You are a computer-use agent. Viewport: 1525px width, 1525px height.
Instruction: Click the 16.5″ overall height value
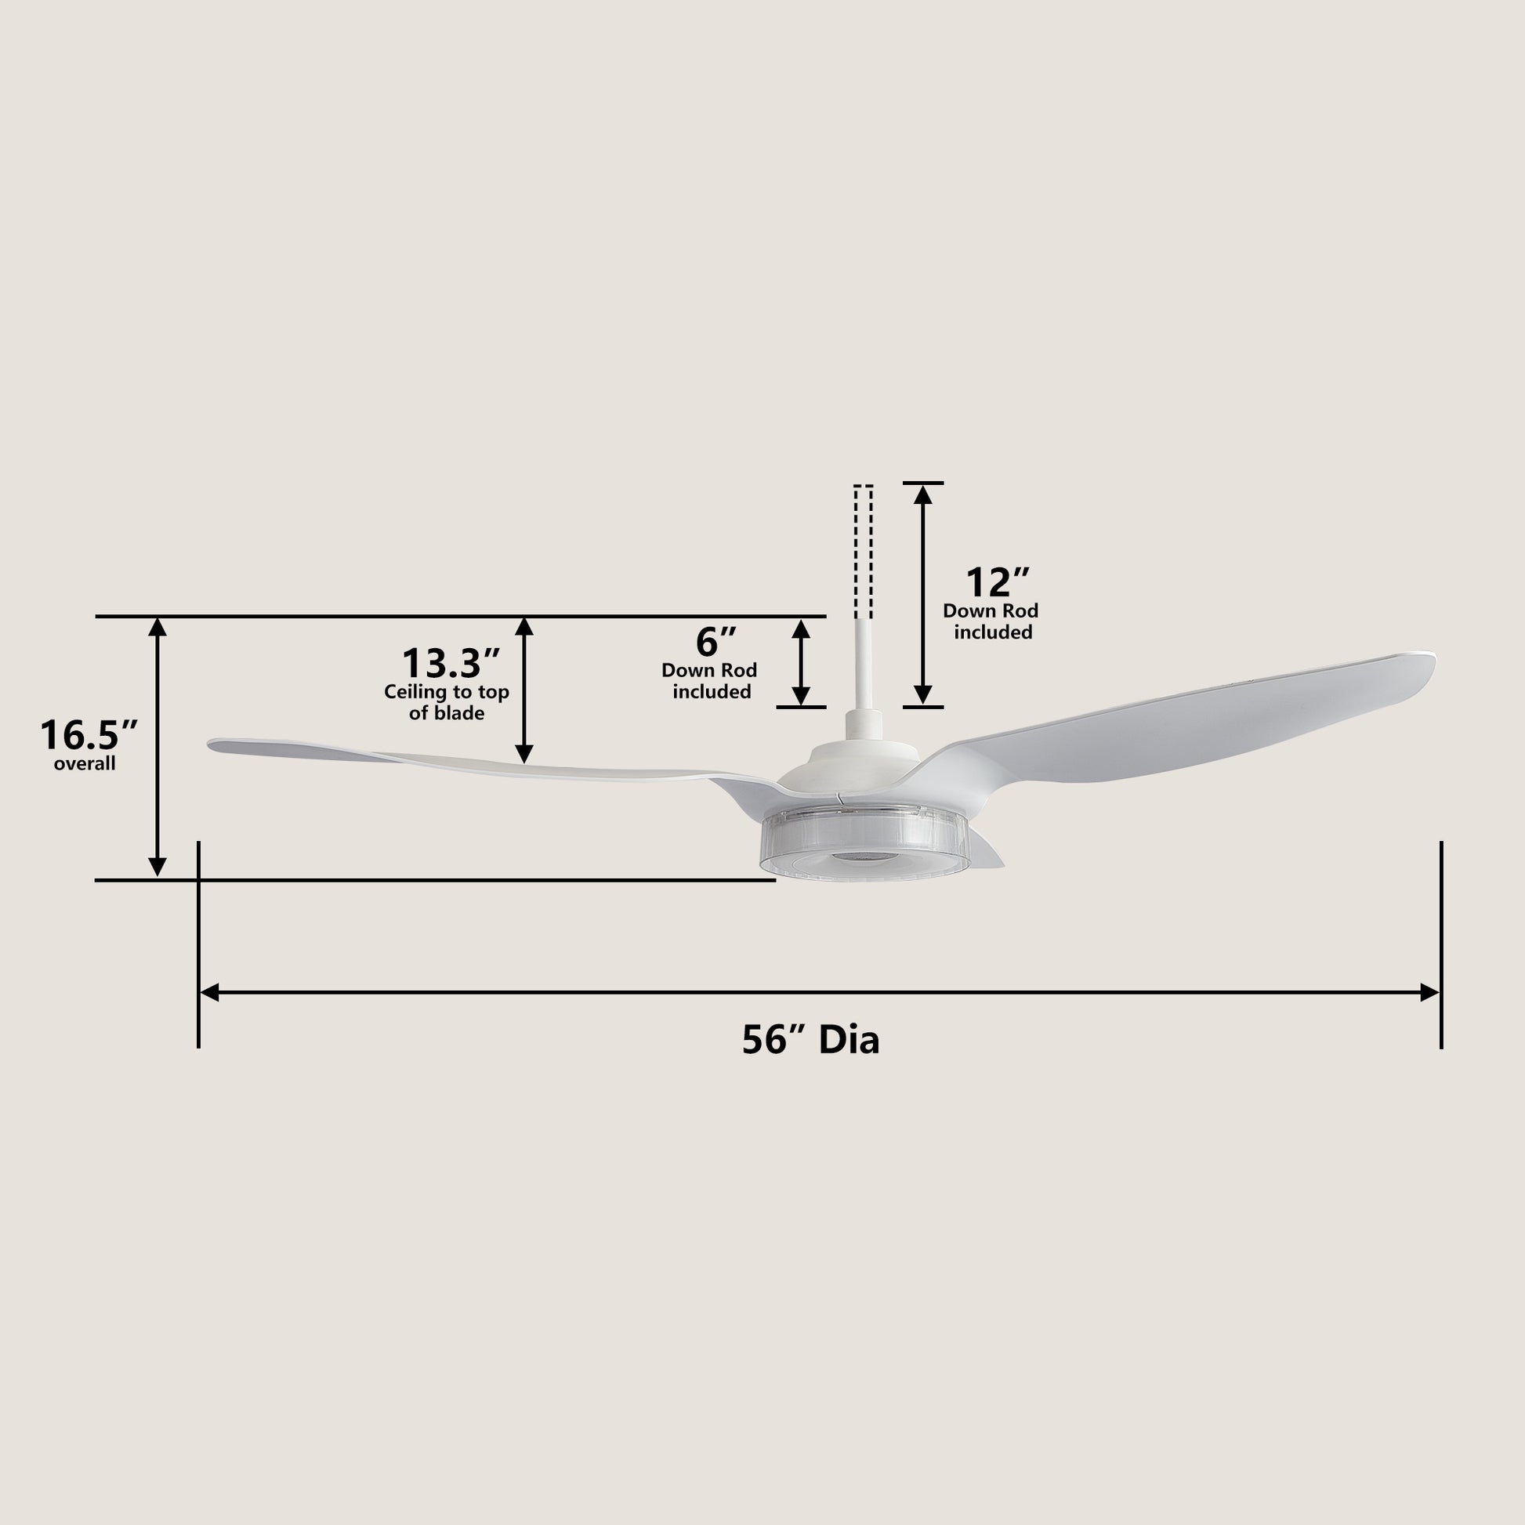[x=89, y=735]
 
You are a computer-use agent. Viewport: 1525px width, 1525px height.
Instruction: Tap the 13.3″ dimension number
[x=452, y=662]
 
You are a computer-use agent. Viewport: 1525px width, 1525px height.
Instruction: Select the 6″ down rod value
[x=716, y=642]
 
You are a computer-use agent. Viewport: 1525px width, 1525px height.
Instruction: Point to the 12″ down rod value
[x=998, y=582]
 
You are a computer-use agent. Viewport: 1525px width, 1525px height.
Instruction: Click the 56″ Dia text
[x=810, y=1040]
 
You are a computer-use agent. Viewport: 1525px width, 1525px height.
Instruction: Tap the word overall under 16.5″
[x=85, y=764]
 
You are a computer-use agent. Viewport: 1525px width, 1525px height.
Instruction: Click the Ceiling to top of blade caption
[x=447, y=702]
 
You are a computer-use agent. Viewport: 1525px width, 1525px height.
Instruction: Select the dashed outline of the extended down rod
[x=864, y=551]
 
